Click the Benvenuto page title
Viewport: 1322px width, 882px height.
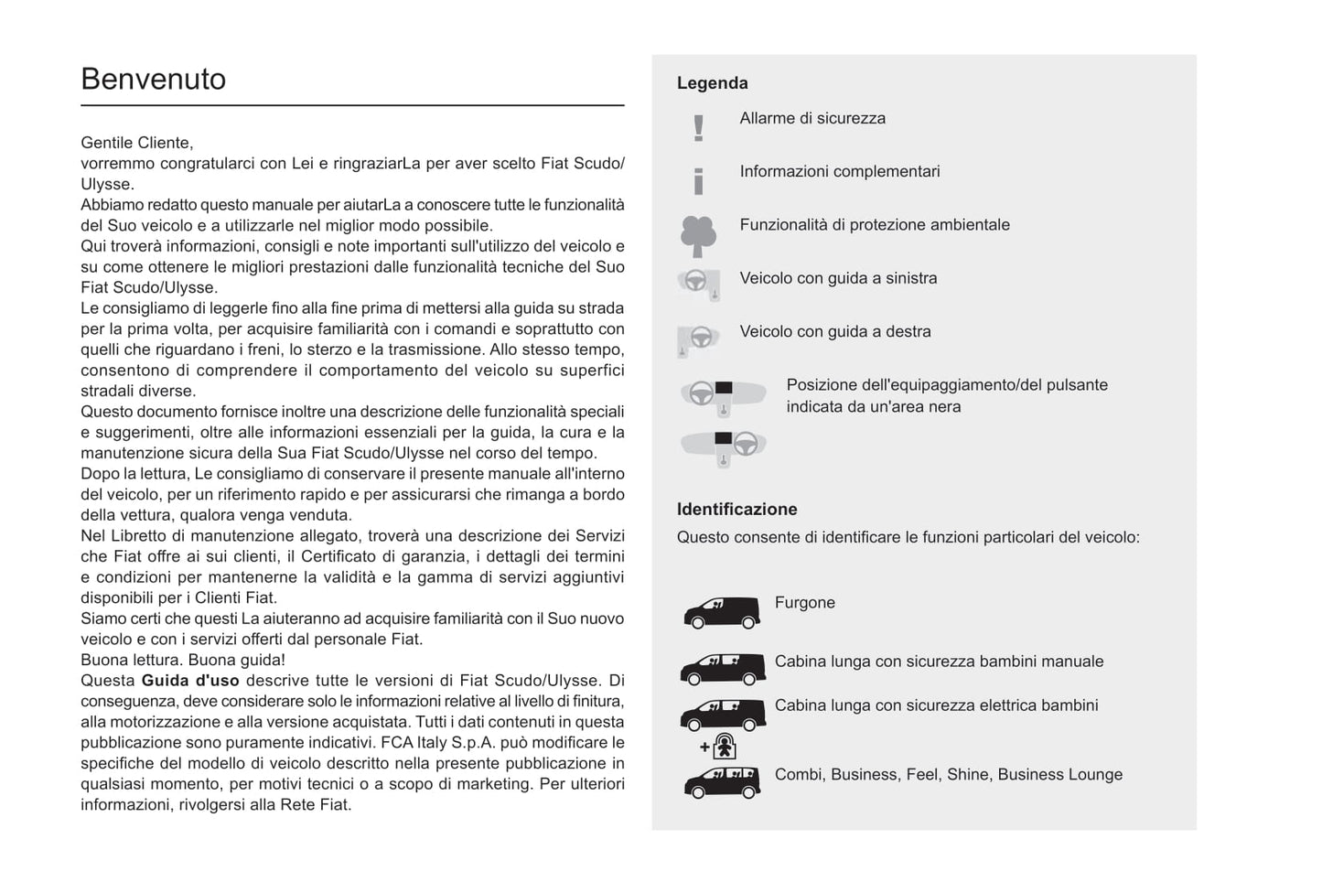pos(153,80)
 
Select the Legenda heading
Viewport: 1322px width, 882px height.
pos(712,83)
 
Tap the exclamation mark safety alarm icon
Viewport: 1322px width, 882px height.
pos(699,128)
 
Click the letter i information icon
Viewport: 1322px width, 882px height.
pos(699,181)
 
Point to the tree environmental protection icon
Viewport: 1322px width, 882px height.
pos(698,236)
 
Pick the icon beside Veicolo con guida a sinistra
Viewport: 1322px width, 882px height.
pos(699,284)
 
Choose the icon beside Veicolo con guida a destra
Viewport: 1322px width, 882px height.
pos(699,339)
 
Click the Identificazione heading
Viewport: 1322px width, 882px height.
pos(736,510)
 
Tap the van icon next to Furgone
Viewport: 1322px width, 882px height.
pos(722,612)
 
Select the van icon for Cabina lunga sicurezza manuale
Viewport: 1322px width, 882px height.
pos(722,669)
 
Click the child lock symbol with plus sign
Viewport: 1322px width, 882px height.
pos(719,747)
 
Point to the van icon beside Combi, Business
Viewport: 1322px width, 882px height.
pos(722,783)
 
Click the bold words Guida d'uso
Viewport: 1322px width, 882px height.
pos(190,681)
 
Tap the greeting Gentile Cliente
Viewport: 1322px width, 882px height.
pos(137,143)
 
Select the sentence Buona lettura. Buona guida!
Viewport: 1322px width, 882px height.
pos(183,660)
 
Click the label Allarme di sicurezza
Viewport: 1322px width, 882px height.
pos(812,118)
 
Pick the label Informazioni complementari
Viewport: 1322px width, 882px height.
pos(839,171)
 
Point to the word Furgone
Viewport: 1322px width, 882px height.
pos(804,603)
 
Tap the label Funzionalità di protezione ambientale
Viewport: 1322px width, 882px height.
pos(874,225)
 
